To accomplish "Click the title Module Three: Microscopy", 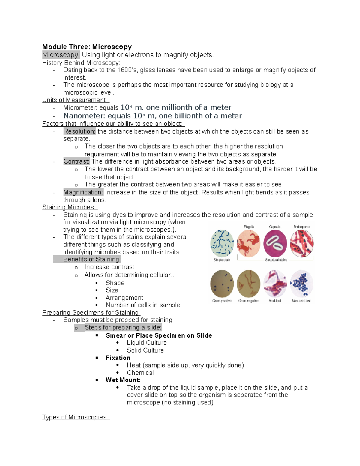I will [x=87, y=47].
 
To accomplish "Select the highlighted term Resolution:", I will [x=79, y=131].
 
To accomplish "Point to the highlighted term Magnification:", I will [x=83, y=192].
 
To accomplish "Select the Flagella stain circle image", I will [x=249, y=243].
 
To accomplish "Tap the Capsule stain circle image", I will [x=275, y=243].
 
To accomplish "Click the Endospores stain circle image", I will [x=301, y=243].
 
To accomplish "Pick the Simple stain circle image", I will [x=222, y=243].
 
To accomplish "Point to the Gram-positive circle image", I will [x=222, y=284].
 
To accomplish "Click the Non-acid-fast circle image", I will [x=301, y=284].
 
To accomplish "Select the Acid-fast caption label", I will [x=275, y=301].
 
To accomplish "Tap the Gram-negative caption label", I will [x=248, y=301].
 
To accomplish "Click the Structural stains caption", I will [x=276, y=260].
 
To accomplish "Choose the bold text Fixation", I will [x=118, y=358].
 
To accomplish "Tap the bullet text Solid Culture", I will [x=145, y=350].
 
